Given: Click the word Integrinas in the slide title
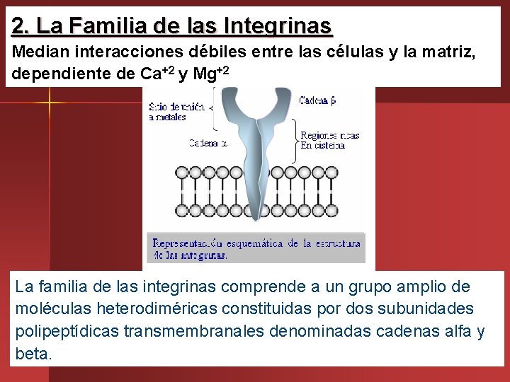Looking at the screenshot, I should coord(277,26).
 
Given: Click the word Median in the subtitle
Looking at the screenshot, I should coord(36,52).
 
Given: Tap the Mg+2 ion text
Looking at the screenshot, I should coord(210,74).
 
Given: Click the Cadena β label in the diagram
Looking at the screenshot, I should coord(317,100).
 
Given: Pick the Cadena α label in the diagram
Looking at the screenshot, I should coord(208,144).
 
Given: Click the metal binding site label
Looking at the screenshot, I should coord(176,112).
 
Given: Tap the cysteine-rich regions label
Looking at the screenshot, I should coord(329,139).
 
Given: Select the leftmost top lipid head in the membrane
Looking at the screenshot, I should coord(182,172).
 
